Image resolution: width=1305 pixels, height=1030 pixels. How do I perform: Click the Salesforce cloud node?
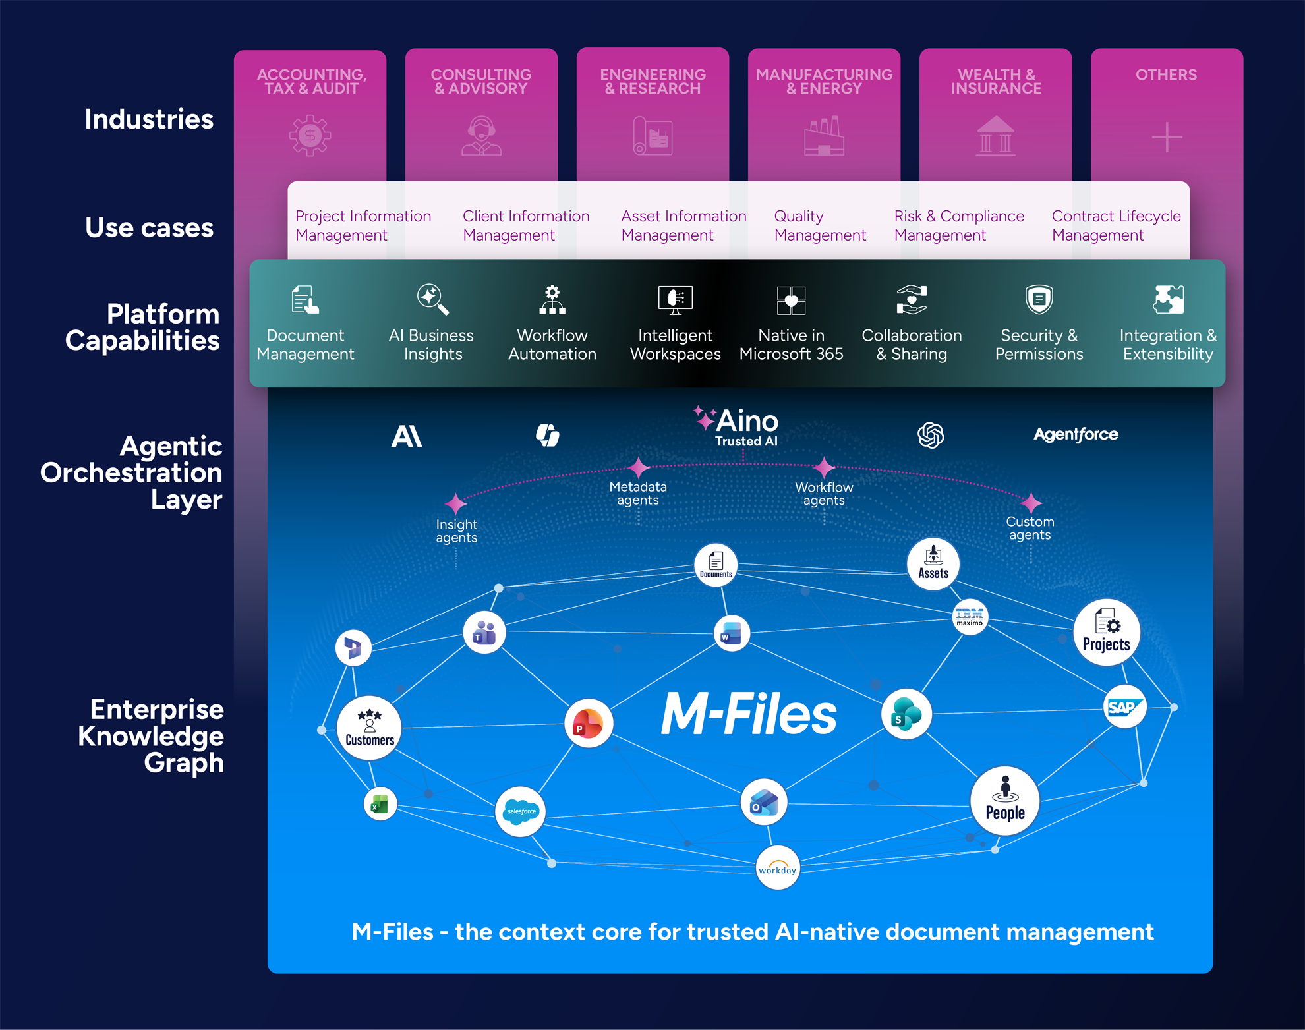coord(521,811)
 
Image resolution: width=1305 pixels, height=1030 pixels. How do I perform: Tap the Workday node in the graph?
coord(778,868)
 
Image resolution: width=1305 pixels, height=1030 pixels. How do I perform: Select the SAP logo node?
coord(1124,707)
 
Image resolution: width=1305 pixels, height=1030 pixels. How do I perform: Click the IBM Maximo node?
coord(970,617)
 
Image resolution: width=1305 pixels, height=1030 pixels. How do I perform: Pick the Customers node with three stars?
coord(369,728)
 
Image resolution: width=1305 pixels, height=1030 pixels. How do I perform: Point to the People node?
coord(1004,801)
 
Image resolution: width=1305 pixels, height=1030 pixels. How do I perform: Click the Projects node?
coord(1106,633)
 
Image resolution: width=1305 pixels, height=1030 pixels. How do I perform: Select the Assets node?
coord(933,563)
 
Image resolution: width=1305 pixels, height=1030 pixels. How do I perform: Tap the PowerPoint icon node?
coord(588,724)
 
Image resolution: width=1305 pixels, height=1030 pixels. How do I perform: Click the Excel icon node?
coord(380,804)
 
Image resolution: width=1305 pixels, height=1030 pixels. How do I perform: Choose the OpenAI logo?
coord(931,435)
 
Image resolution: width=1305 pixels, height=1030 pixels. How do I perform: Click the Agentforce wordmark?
coord(1076,434)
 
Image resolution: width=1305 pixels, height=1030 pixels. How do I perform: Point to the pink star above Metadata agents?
coord(638,468)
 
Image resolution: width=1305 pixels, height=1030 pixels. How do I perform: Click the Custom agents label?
coord(1029,528)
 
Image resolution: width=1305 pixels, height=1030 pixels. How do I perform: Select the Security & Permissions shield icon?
coord(1039,299)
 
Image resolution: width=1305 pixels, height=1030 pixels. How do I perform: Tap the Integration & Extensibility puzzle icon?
coord(1168,299)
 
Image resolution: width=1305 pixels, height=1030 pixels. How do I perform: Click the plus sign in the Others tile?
coord(1167,137)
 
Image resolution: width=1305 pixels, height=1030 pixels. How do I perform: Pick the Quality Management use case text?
coord(819,225)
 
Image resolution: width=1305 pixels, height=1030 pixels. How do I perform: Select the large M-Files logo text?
coord(749,714)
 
